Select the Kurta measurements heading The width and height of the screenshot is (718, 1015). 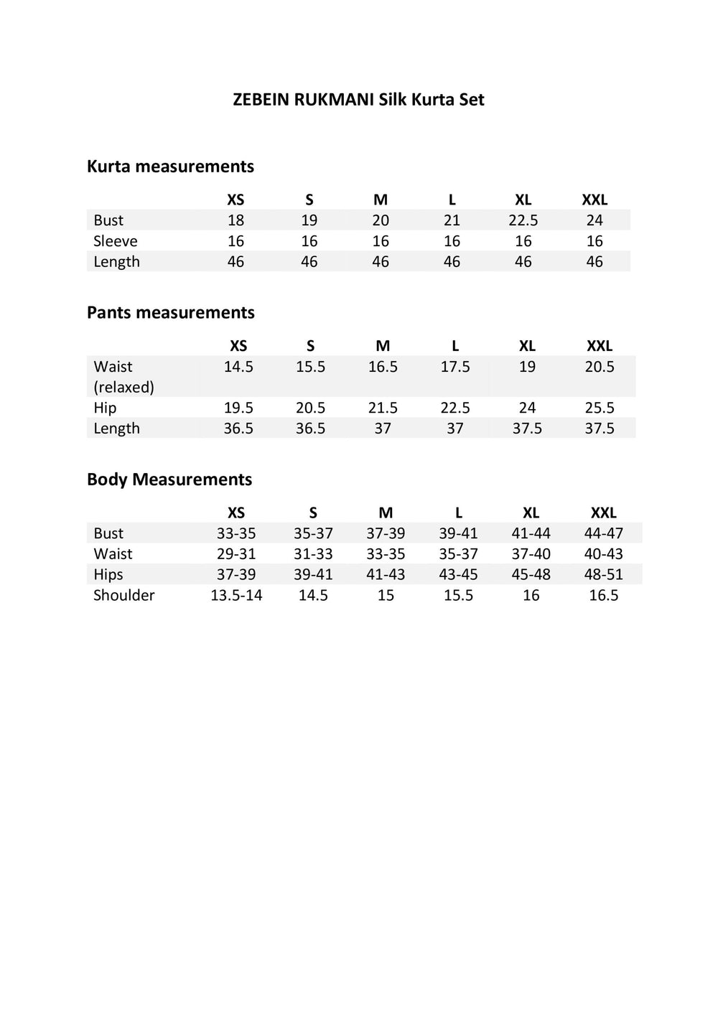tap(170, 167)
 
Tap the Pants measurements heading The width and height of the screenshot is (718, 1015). tap(170, 313)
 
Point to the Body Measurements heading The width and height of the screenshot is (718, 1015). tap(169, 480)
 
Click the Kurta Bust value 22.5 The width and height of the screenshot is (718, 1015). tap(523, 220)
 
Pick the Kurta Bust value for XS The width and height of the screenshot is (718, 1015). tap(236, 220)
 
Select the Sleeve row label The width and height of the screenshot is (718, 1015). tap(115, 241)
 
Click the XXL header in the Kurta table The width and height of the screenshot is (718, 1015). tap(595, 200)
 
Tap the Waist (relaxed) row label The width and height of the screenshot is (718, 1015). tap(123, 377)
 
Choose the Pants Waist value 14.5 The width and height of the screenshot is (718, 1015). tap(238, 367)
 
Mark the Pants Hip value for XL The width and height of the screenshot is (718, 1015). tap(527, 408)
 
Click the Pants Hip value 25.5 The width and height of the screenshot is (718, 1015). tap(600, 408)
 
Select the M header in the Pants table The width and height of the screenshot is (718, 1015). tap(383, 346)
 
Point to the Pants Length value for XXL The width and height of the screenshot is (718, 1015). tap(600, 429)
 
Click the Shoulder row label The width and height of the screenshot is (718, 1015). tap(123, 595)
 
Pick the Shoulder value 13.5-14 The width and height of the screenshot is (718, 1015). tap(236, 595)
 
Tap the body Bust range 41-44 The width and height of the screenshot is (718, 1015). tap(531, 533)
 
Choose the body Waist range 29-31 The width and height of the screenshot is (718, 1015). tap(236, 554)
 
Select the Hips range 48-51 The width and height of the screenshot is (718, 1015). tap(604, 574)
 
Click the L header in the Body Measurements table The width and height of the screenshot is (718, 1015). tap(459, 513)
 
